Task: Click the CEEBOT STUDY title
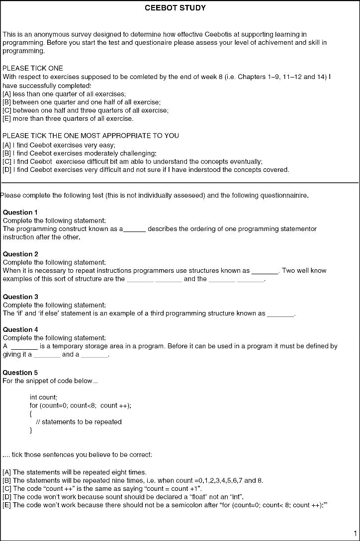[175, 8]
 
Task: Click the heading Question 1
[20, 213]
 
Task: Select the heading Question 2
[20, 254]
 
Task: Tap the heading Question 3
[20, 297]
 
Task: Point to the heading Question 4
[20, 330]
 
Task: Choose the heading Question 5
[20, 373]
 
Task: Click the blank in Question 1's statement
[134, 230]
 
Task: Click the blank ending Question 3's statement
[281, 314]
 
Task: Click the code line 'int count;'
[44, 397]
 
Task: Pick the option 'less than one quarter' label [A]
[7, 94]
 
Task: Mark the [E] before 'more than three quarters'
[7, 119]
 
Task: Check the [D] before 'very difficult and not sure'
[7, 170]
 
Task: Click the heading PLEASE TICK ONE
[33, 68]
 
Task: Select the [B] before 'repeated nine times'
[7, 481]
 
